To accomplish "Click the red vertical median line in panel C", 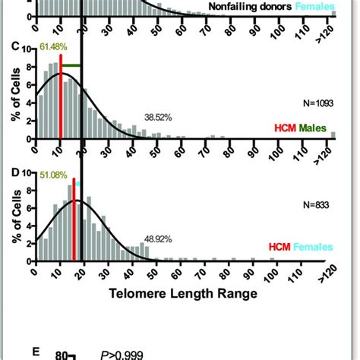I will [x=61, y=95].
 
